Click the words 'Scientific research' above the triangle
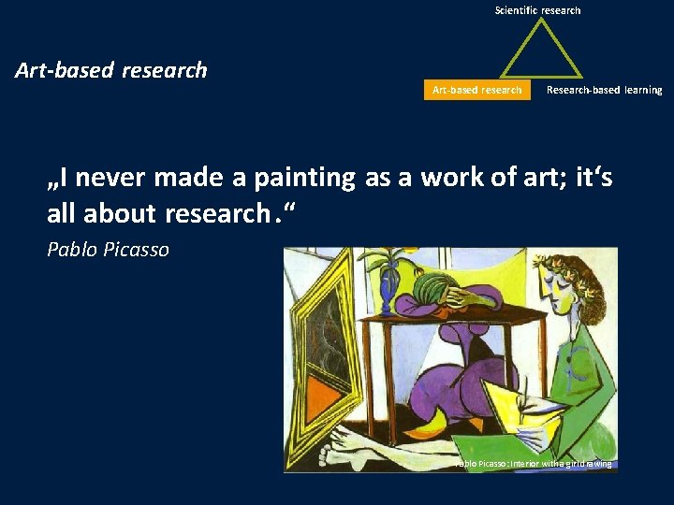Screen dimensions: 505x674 pyautogui.click(x=537, y=10)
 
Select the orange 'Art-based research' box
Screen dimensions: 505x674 pyautogui.click(x=476, y=90)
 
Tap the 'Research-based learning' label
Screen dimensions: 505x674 pyautogui.click(x=604, y=90)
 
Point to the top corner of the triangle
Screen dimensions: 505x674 pyautogui.click(x=538, y=22)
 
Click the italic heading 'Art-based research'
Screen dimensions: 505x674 pyautogui.click(x=111, y=70)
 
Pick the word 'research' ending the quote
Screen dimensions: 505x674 pyautogui.click(x=216, y=213)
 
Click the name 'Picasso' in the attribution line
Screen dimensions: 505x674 pyautogui.click(x=136, y=250)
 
